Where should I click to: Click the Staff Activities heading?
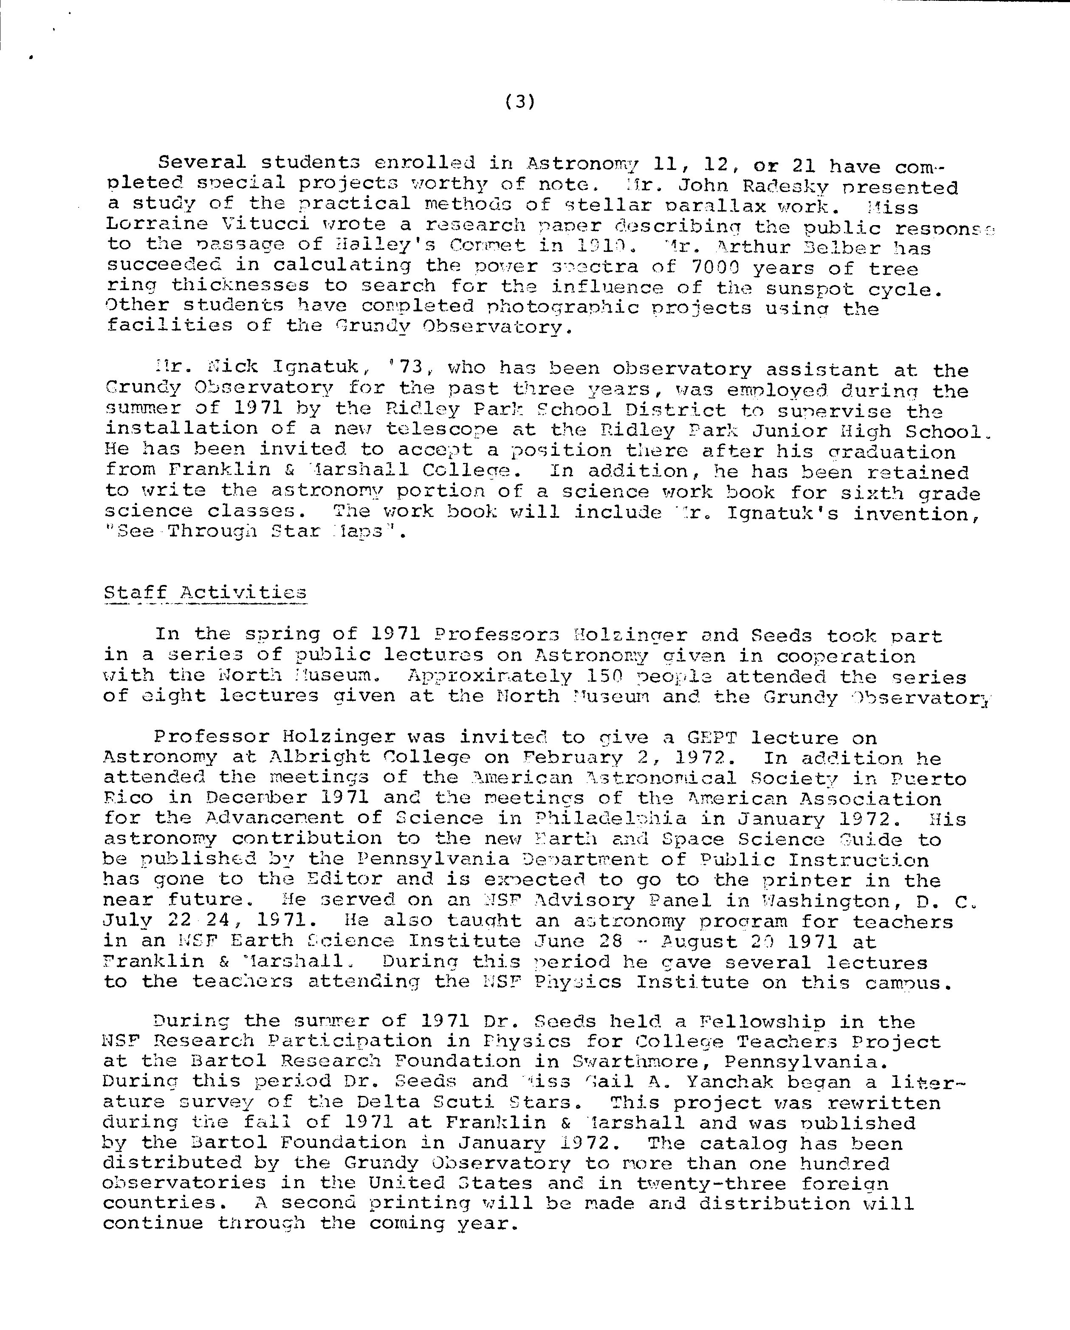pos(205,593)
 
